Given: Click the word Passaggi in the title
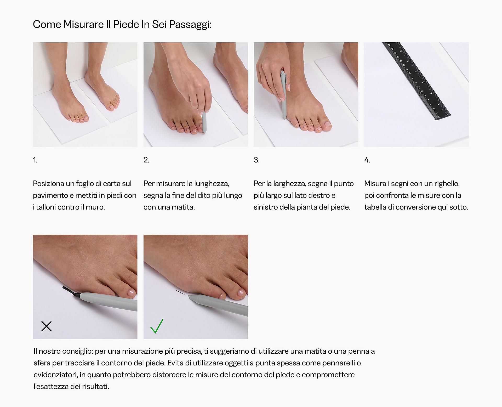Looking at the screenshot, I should click(x=190, y=25).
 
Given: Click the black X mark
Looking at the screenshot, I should click(x=47, y=326).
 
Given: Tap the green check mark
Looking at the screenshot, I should click(x=157, y=326).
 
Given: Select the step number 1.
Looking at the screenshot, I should click(x=35, y=160).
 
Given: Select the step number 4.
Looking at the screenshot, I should click(x=367, y=160).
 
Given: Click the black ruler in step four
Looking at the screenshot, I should click(x=416, y=81).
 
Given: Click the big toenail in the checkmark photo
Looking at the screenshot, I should click(x=241, y=294).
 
